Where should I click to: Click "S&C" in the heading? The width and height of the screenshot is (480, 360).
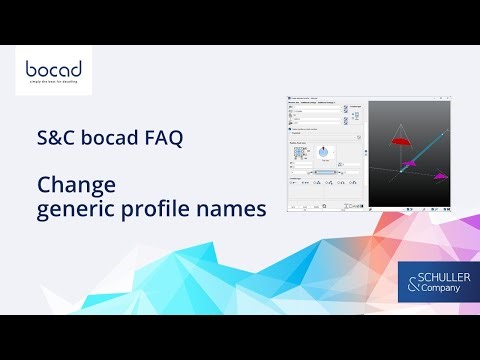tap(57, 140)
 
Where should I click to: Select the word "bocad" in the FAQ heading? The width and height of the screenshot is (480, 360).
tap(112, 140)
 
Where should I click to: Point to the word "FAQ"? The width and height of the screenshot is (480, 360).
tap(164, 140)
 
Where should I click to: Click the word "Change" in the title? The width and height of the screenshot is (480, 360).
tap(77, 186)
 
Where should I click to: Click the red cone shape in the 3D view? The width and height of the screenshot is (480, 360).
tap(400, 141)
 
